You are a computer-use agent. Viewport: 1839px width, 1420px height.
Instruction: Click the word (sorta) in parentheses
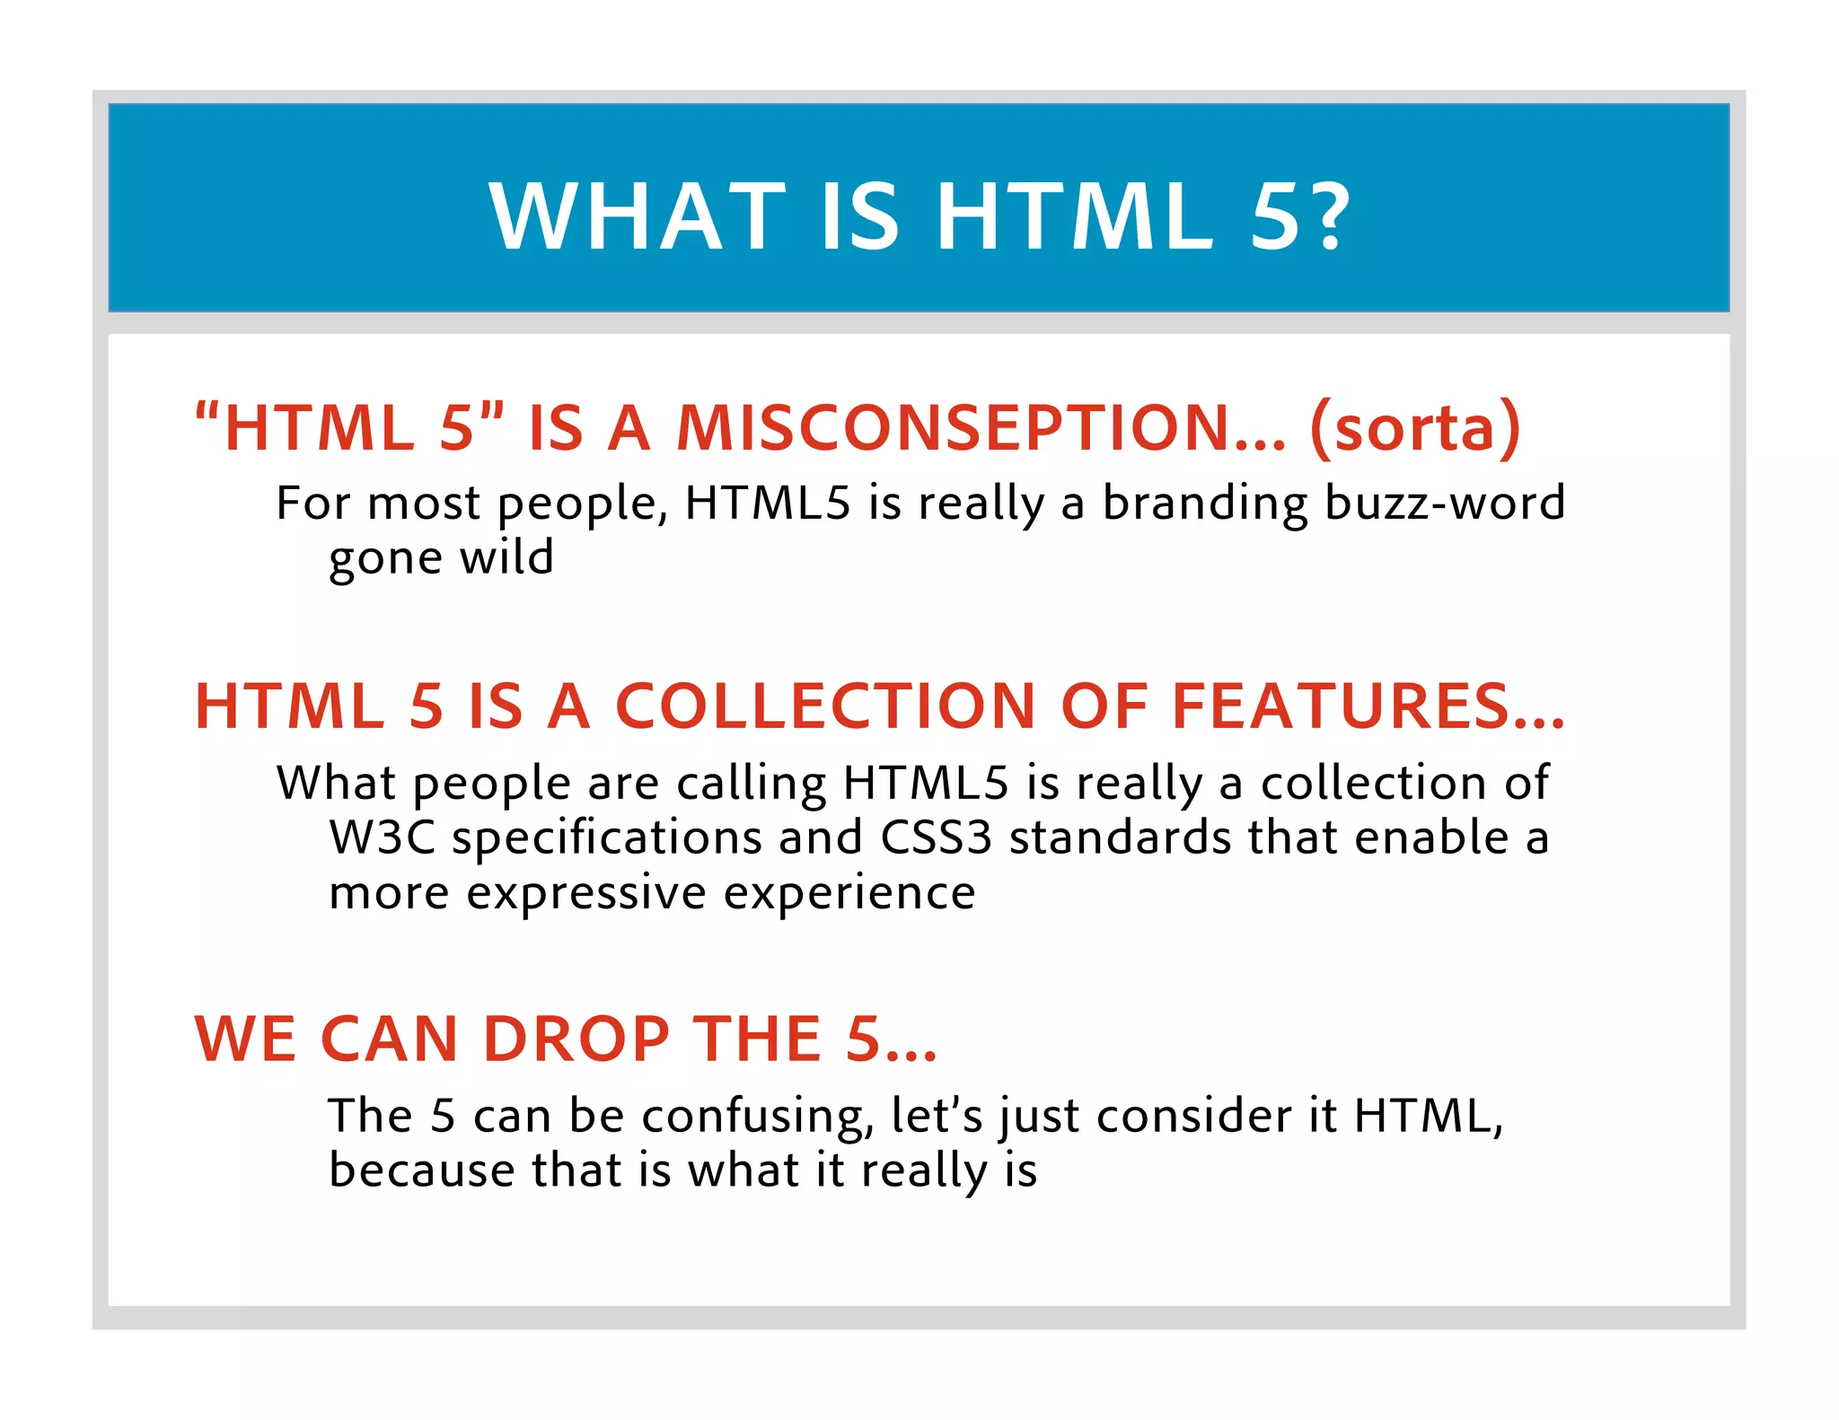tap(1415, 428)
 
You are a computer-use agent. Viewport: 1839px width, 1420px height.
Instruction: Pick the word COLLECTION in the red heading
tap(826, 706)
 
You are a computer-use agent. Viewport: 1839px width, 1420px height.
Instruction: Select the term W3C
tap(382, 837)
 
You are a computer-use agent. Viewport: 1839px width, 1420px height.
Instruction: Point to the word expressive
tap(586, 894)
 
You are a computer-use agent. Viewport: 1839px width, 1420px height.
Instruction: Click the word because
tap(421, 1170)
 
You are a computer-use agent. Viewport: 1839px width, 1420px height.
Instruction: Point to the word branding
tap(1205, 504)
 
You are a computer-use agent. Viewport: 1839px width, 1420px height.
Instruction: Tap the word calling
tap(751, 785)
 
